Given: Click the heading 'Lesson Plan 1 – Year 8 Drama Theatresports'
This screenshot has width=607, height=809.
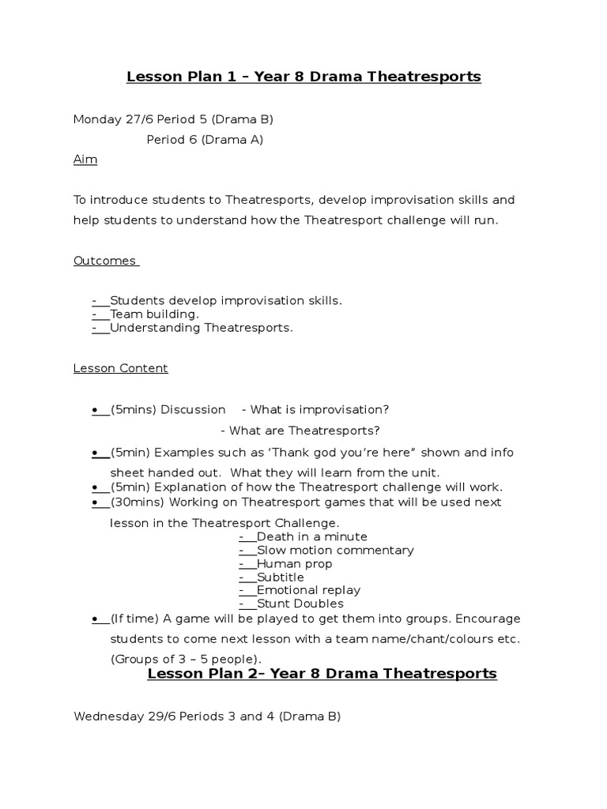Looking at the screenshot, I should click(x=303, y=77).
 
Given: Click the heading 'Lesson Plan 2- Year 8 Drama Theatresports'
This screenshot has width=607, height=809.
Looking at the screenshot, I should click(x=322, y=673).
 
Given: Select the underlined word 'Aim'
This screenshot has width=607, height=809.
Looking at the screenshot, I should click(x=85, y=160).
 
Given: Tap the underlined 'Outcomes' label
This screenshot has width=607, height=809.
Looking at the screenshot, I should click(x=105, y=261).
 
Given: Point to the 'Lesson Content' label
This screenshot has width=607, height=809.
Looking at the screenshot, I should click(x=121, y=368).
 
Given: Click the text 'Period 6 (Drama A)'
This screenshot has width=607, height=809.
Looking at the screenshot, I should click(x=205, y=140).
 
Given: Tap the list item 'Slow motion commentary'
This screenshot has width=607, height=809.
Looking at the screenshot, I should click(x=335, y=550).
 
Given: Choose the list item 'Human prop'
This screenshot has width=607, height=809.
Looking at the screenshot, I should click(x=295, y=563).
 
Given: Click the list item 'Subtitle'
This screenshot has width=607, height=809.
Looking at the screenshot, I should click(x=281, y=577).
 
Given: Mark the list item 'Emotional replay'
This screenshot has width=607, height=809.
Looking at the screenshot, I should click(x=308, y=590).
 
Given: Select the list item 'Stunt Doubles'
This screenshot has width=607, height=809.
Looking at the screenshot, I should click(x=300, y=604).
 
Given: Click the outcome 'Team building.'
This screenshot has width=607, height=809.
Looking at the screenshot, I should click(x=154, y=314).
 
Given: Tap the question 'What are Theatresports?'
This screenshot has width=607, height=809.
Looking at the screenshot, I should click(x=304, y=431).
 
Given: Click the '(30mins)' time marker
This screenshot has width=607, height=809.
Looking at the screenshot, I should click(x=137, y=502).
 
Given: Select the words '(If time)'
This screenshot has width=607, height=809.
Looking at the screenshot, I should click(x=134, y=618).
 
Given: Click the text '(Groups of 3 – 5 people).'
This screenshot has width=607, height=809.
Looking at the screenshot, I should click(x=186, y=659).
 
